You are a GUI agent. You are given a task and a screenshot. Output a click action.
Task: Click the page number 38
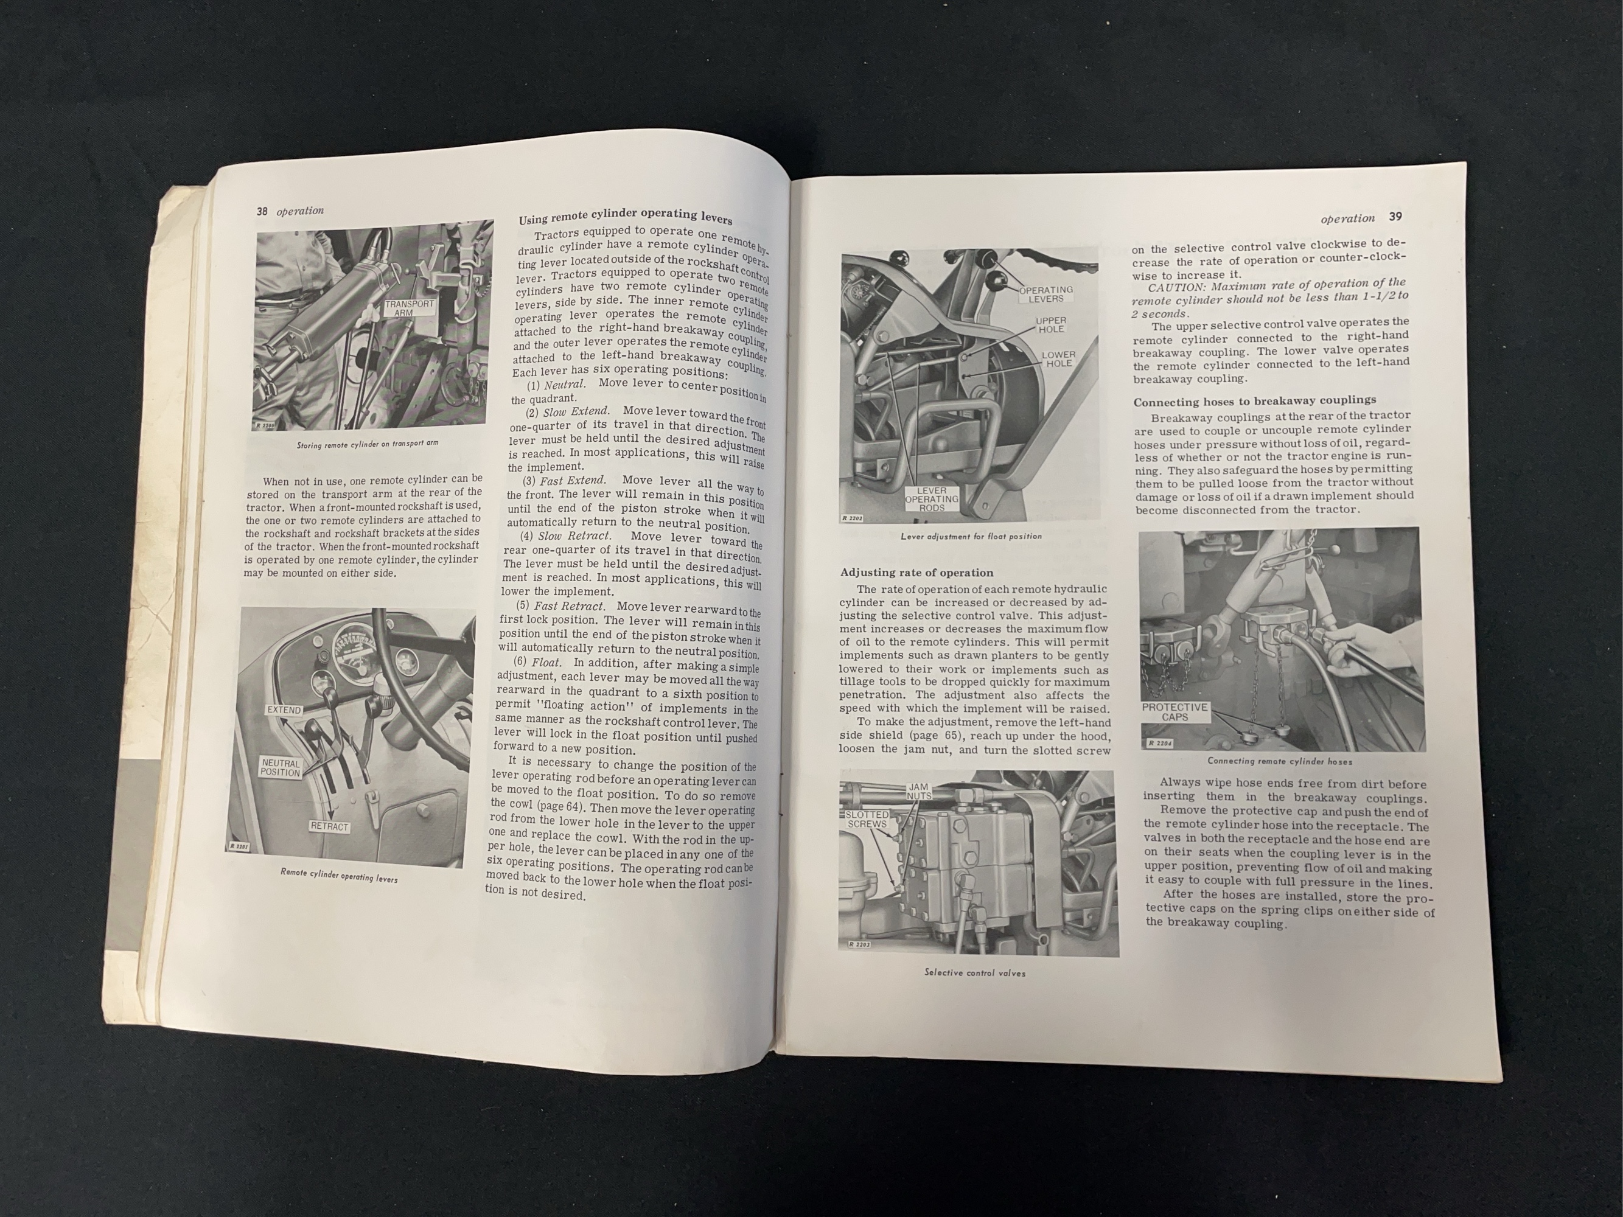(x=261, y=211)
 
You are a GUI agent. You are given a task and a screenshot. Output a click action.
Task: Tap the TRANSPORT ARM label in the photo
(x=410, y=307)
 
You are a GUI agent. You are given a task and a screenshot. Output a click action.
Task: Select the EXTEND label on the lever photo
(x=284, y=710)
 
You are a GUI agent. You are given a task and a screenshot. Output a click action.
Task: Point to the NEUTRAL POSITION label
(x=281, y=767)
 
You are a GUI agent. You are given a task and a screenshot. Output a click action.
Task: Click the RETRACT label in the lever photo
(x=329, y=827)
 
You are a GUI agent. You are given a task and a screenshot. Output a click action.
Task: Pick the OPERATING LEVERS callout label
(x=1045, y=294)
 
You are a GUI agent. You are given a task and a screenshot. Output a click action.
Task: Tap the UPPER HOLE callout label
(x=1051, y=325)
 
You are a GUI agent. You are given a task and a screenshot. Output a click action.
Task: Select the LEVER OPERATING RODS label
(x=931, y=499)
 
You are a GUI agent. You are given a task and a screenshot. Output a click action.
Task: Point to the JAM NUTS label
(x=919, y=792)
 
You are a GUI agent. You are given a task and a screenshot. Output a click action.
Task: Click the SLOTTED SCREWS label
(x=867, y=820)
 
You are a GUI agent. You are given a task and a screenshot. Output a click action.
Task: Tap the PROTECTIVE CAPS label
(x=1174, y=711)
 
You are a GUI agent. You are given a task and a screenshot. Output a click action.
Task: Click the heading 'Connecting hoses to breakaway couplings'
(x=1254, y=400)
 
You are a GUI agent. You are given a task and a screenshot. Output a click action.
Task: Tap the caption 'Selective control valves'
(x=975, y=973)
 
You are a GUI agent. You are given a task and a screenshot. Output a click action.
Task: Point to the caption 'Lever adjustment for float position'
(x=971, y=536)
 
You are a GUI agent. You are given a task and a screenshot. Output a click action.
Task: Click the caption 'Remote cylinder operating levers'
(x=339, y=875)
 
